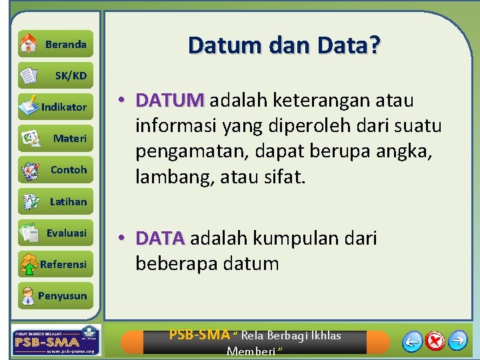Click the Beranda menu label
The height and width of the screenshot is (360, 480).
pos(65,45)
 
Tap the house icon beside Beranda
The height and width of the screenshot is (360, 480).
pos(29,43)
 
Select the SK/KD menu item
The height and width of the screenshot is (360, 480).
pos(71,76)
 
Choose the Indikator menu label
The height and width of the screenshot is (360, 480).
pos(64,107)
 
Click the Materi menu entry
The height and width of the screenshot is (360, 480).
pos(69,139)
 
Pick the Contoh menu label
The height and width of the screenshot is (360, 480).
pos(69,170)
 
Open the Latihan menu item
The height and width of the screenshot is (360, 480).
pos(68,201)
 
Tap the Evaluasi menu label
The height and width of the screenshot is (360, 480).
pos(66,233)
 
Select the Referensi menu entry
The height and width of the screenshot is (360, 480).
pos(63,264)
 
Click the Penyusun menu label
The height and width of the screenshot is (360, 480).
pos(62,295)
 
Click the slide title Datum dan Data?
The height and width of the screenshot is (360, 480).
pos(285,45)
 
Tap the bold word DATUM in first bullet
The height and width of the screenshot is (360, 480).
pos(169,101)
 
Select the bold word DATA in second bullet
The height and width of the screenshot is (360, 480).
pos(160,238)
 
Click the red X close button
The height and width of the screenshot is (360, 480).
pos(435,341)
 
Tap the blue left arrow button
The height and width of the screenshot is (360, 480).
pos(413,341)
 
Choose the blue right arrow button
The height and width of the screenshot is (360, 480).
pos(457,341)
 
